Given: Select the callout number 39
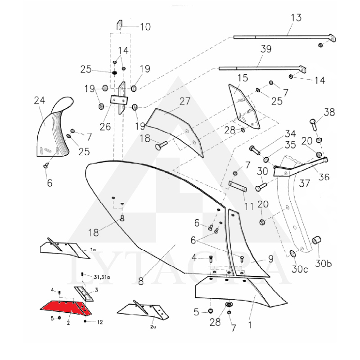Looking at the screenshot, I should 266,49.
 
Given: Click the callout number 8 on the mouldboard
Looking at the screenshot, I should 141,281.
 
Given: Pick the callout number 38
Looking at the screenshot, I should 329,113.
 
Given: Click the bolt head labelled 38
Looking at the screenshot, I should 312,121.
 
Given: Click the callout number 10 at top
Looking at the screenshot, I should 145,27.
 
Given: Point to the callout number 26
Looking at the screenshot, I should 105,127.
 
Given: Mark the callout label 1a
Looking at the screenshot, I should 93,249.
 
